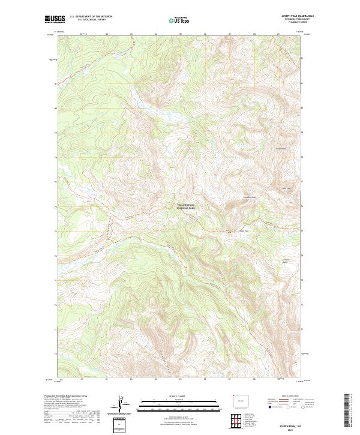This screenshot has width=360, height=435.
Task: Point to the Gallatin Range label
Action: (286, 260)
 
